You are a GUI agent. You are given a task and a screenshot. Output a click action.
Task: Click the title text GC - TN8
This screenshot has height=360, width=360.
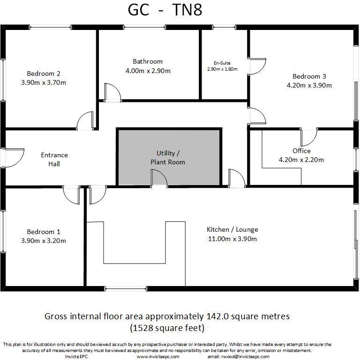(x=165, y=10)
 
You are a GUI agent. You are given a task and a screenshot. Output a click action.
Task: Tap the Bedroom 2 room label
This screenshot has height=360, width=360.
(x=44, y=73)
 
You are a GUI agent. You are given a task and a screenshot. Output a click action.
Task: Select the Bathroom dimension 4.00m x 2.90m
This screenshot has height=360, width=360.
(x=148, y=71)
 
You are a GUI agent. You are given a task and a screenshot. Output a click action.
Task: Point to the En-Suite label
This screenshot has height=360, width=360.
(x=222, y=63)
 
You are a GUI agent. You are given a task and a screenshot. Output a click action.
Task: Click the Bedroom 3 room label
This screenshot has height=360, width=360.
(x=309, y=76)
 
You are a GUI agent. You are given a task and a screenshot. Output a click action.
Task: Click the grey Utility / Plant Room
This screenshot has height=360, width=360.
(x=169, y=157)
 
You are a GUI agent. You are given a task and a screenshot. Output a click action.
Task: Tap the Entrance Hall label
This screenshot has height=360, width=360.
(x=54, y=159)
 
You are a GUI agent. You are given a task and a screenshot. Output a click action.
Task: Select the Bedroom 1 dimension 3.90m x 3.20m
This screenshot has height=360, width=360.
(x=44, y=241)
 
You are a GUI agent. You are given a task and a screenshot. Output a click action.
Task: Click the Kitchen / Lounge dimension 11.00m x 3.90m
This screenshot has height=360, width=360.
(x=232, y=239)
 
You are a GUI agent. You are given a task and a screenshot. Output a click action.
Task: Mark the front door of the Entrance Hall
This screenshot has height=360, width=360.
(x=14, y=158)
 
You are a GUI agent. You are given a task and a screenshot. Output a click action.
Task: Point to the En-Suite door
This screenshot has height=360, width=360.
(x=257, y=67)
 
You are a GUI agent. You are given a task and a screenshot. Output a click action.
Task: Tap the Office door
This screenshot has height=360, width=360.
(x=309, y=136)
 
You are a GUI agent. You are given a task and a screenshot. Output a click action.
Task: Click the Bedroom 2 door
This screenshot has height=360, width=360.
(x=85, y=121)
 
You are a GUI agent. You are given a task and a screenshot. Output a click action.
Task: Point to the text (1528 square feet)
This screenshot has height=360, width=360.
(x=167, y=328)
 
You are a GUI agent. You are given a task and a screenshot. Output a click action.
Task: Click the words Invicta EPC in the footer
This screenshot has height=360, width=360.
(x=76, y=356)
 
